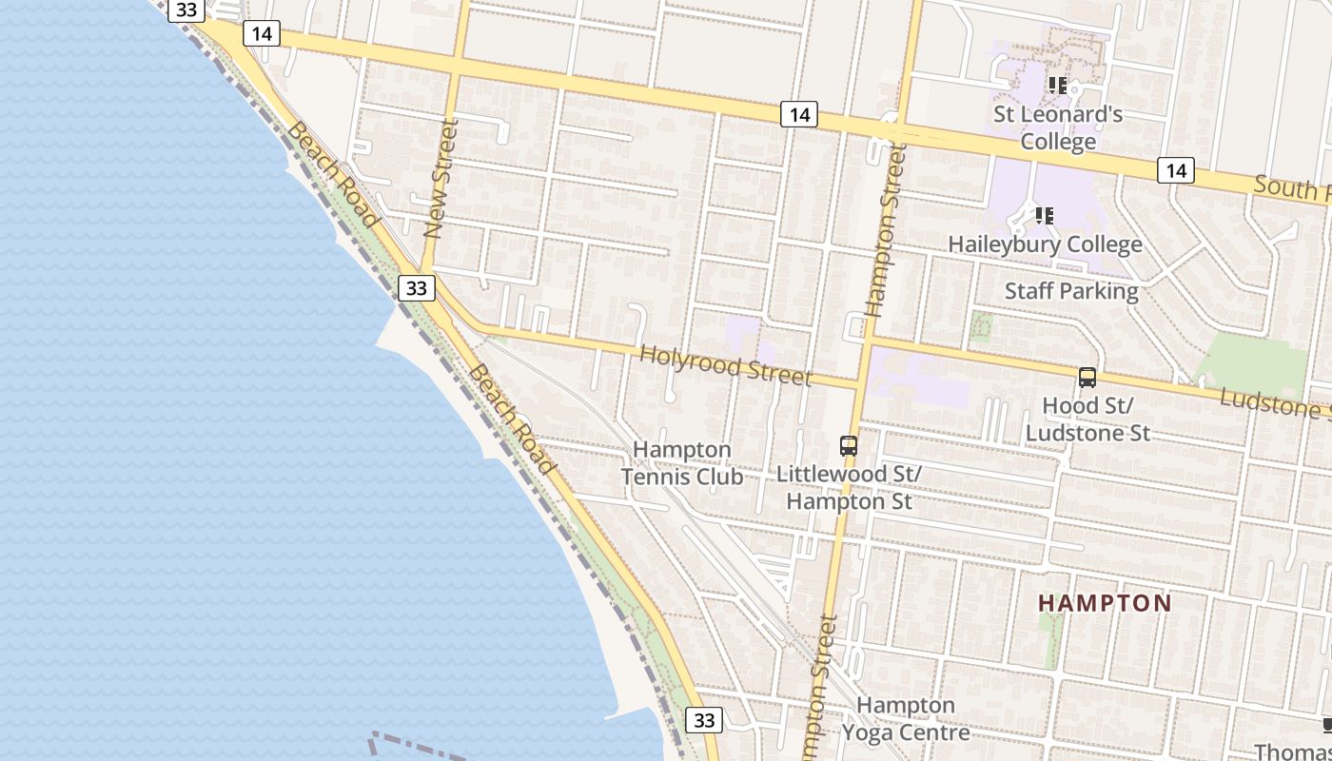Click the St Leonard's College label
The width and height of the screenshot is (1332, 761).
[1058, 128]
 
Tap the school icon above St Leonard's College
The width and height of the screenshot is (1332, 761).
[1058, 86]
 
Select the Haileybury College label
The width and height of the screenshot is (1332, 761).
[1045, 244]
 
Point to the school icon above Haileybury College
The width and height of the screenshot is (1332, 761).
[1045, 216]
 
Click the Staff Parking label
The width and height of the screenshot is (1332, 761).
[1071, 291]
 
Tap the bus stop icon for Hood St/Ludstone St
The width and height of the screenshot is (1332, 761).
[1087, 378]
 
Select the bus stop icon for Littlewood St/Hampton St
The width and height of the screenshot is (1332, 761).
[848, 445]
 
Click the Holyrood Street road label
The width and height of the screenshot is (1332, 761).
[725, 366]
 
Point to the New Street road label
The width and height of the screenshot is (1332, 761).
[441, 178]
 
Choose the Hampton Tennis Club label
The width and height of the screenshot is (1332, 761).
[682, 462]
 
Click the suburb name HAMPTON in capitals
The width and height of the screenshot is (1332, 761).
[1105, 603]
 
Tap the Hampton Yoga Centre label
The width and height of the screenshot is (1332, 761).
[906, 718]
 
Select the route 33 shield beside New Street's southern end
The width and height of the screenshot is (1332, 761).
[415, 288]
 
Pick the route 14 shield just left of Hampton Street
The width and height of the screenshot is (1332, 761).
[799, 115]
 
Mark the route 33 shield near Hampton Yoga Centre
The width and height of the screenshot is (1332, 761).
[703, 720]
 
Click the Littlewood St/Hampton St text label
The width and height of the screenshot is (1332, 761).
[849, 487]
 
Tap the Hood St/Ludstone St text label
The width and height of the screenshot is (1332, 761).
[1087, 420]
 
